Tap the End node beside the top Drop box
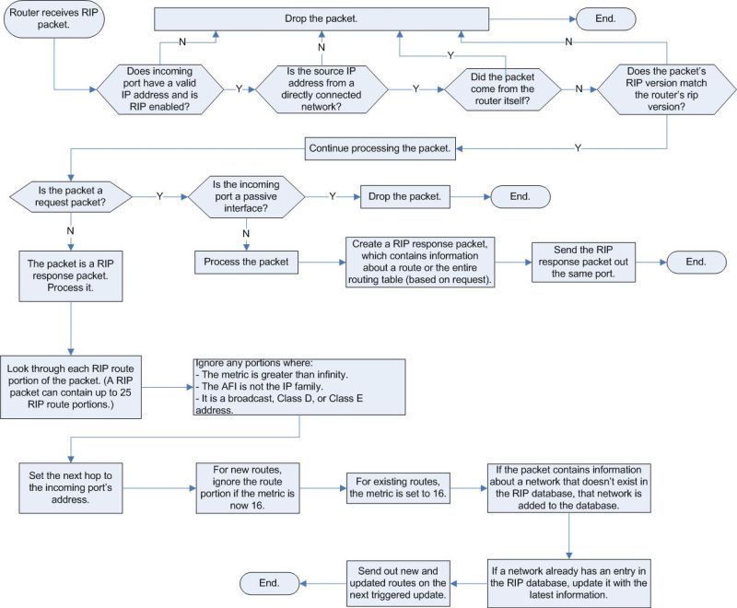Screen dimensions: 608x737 [605, 18]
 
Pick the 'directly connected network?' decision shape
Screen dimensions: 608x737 [321, 88]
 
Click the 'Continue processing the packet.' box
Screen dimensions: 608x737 [380, 147]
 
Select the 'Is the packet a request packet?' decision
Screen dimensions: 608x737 [70, 196]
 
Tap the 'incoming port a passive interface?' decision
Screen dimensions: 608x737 [247, 196]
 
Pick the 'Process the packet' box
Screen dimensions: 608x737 [247, 263]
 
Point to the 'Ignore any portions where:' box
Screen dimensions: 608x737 [298, 384]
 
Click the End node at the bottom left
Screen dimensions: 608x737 [269, 582]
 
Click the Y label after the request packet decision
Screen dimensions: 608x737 [160, 196]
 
